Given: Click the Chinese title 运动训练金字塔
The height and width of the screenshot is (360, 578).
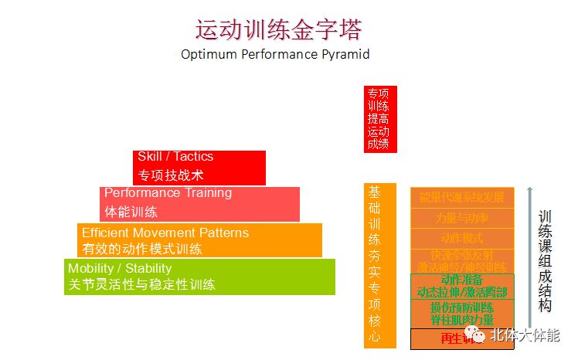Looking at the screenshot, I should (278, 29).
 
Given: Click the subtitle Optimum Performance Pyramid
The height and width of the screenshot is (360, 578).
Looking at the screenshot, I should (275, 55).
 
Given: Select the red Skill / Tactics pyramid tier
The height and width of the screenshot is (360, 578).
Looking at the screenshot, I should (199, 167).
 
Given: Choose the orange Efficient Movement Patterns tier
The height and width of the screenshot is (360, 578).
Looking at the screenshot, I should (199, 240).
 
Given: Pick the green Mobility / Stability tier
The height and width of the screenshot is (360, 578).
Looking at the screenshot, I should (200, 277).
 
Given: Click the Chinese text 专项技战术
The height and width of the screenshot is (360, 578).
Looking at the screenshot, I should (171, 175).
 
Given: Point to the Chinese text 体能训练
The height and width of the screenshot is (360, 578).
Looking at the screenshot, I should (131, 212).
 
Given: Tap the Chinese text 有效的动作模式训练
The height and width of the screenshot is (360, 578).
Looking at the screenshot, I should (142, 249).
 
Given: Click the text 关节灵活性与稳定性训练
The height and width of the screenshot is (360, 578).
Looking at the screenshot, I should (141, 284).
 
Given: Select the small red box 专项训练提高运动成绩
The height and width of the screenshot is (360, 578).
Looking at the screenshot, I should (379, 118).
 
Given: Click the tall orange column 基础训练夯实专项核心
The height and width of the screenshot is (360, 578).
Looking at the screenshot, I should (379, 265).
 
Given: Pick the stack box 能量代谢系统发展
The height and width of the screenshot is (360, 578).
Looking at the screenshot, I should (462, 198).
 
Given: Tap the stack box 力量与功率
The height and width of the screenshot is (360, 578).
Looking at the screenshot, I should (462, 219).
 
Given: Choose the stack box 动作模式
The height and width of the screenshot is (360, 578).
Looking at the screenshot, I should (462, 239).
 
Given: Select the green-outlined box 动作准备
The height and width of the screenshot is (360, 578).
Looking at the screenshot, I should (462, 285).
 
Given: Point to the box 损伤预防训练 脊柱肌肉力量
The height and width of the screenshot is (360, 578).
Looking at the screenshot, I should (462, 313).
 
